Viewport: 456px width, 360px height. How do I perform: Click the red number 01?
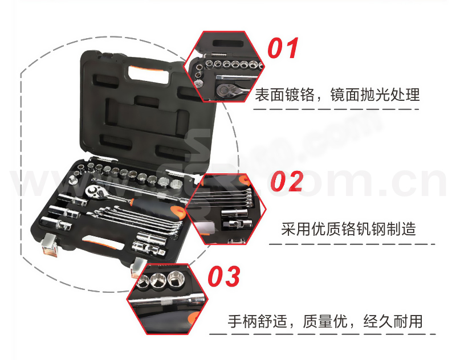pos(283,48)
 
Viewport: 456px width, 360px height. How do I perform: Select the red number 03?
pos(224,276)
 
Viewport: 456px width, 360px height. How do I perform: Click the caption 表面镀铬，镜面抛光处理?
pos(337,95)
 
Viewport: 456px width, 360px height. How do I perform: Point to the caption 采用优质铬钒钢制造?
pos(348,228)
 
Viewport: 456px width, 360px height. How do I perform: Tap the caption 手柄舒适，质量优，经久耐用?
pos(325,321)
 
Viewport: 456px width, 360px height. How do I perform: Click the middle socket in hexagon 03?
pos(158,280)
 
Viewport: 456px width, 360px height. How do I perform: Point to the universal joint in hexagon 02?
pos(237,224)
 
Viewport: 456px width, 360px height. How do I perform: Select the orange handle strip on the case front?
pos(103,243)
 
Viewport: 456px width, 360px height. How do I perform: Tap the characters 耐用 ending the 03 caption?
pos(408,321)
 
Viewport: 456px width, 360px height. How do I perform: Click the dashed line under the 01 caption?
pos(336,109)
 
